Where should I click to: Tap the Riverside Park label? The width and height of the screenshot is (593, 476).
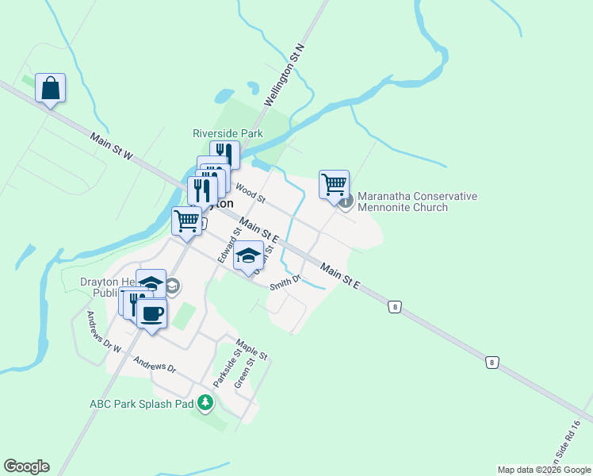click(x=228, y=134)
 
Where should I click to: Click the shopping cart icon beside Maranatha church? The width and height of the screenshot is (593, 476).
click(x=335, y=184)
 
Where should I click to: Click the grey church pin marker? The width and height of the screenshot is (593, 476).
click(x=346, y=202)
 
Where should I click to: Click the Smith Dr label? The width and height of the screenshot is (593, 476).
click(x=285, y=282)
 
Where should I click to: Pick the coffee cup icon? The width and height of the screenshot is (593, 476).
click(x=151, y=313)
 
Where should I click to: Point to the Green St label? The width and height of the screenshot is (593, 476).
click(x=244, y=372)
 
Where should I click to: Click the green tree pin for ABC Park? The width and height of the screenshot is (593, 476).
click(x=205, y=403)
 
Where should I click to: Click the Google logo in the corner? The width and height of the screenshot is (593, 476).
click(x=26, y=466)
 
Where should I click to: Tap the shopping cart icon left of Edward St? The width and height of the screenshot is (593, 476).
click(x=186, y=221)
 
